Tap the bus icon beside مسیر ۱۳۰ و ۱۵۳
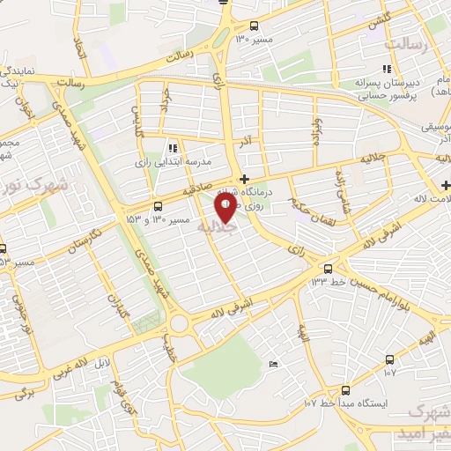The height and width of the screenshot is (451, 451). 158,207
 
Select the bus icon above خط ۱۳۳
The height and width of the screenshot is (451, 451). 328,268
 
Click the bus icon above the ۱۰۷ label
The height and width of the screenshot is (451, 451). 389,359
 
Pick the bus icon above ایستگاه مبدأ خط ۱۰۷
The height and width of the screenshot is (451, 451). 344,389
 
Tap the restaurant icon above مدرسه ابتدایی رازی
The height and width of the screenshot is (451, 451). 173,148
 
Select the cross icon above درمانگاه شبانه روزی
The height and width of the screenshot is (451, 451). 244,179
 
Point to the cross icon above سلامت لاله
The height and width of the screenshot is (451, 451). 446,185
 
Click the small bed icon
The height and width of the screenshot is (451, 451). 273,365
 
